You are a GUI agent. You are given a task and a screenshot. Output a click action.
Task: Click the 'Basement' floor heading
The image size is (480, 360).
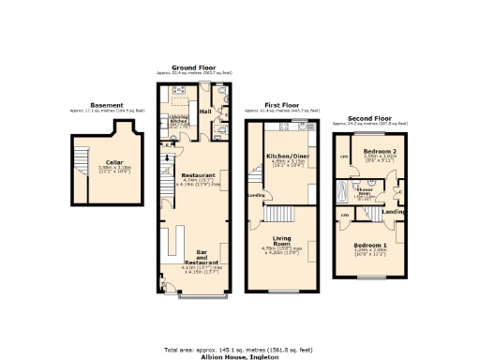coord(106,105)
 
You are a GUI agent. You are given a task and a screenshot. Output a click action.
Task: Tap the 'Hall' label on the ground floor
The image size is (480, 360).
coord(205,111)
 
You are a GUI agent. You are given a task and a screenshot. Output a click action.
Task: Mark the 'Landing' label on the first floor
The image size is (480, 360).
coord(255,195)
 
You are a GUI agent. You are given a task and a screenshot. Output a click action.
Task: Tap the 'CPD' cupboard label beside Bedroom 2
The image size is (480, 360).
coord(344,157)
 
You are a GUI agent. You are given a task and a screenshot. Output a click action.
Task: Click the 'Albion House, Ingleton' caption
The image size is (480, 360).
coord(239,356)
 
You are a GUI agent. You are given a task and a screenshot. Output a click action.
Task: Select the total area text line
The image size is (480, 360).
coord(239,350)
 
